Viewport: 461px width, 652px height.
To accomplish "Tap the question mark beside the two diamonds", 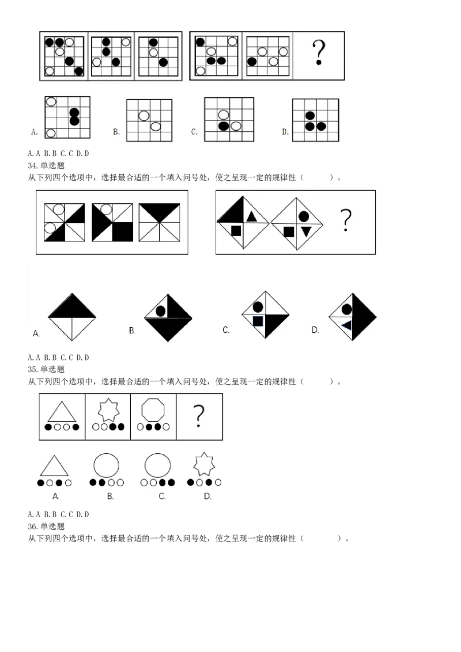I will coord(345,220).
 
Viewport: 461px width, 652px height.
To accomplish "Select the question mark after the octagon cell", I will coord(199,415).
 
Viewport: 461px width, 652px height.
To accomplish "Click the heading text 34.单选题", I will coord(46,165).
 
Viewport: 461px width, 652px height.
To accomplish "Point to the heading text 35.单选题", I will coord(46,369).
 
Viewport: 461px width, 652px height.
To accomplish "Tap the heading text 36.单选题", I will coord(46,526).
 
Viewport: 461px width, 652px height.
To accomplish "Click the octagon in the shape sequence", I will coord(153,409).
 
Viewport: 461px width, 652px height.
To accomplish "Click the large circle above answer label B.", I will coord(106,465).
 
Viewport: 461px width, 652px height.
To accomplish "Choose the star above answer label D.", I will coord(204,464).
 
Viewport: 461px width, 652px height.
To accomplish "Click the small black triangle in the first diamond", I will coord(251,217).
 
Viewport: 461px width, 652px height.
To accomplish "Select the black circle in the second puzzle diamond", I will coord(304,217).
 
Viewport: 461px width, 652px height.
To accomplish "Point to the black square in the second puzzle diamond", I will coord(289,232).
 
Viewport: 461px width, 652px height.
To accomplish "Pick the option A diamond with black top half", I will coord(72,317).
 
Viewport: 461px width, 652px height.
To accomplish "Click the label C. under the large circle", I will coord(162,496).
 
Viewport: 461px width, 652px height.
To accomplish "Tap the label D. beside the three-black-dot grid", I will coord(285,132).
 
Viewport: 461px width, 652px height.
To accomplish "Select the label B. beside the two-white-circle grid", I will coord(116,132).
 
